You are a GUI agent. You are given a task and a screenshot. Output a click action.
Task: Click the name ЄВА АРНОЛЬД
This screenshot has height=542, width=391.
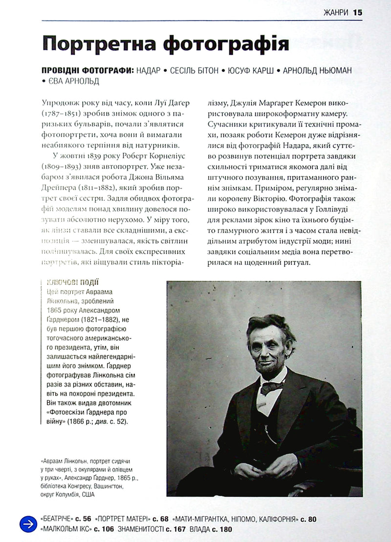coord(74,81)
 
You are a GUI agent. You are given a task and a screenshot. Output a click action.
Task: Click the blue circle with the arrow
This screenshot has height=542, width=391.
coord(28,524)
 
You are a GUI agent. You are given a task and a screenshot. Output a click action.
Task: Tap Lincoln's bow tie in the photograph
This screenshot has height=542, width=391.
coord(272,388)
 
